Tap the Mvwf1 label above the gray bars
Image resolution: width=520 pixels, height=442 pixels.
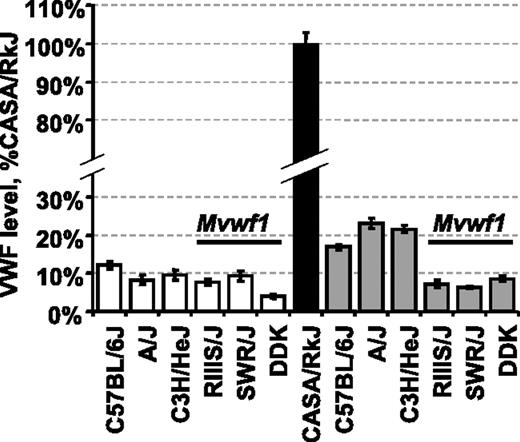[468, 227]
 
